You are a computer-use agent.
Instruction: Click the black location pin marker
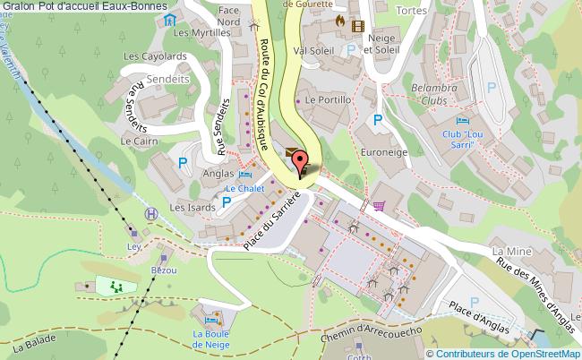pos(300,167)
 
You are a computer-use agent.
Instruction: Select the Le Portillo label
pos(328,100)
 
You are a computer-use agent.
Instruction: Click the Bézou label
pos(165,270)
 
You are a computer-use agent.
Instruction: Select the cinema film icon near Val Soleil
pos(358,26)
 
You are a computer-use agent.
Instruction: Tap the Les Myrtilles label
pos(196,32)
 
